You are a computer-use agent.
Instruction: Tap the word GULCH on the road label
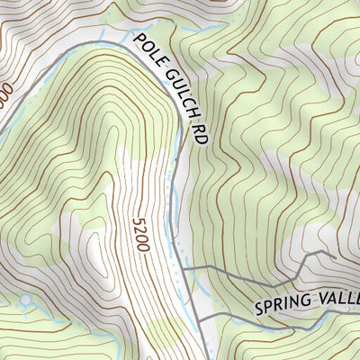coord(176,90)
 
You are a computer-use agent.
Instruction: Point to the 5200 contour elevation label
coord(140,236)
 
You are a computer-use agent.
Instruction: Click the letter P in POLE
coord(139,40)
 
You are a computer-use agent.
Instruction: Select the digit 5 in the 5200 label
coord(138,220)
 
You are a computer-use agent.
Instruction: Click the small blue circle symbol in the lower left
coord(25,298)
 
